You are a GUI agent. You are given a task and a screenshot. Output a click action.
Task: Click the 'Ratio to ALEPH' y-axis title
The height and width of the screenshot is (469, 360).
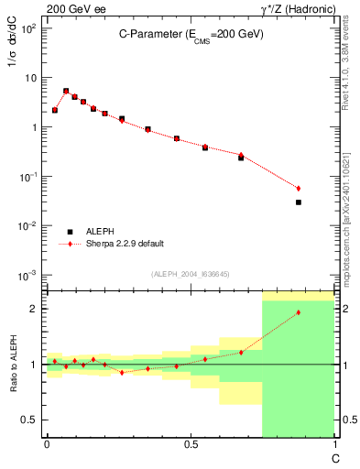click(x=11, y=365)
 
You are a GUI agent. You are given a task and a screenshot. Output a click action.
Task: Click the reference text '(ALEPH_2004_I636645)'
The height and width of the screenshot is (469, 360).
click(x=190, y=274)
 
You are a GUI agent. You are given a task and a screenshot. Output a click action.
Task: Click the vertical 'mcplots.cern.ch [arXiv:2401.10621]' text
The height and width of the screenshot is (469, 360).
click(x=345, y=206)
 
